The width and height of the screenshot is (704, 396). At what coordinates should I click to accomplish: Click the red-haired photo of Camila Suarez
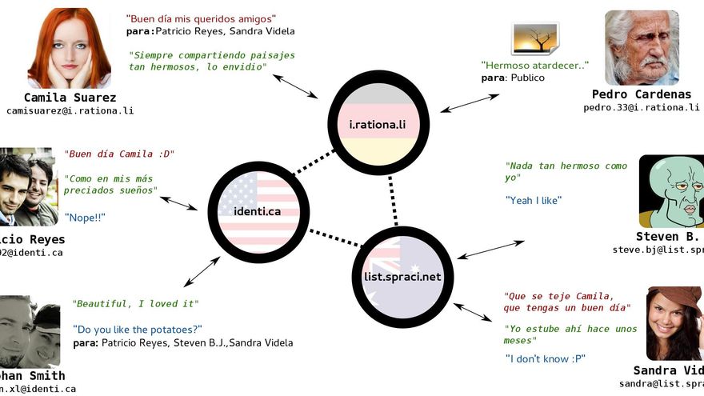(70, 48)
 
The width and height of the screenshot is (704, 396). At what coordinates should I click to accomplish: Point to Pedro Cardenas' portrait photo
(642, 48)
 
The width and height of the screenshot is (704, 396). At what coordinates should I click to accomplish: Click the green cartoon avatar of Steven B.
(671, 191)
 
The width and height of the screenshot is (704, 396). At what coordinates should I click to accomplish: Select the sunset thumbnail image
(534, 39)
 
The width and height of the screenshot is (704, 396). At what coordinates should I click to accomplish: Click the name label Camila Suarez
(70, 98)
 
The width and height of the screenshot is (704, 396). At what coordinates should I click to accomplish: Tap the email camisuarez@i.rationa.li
(70, 111)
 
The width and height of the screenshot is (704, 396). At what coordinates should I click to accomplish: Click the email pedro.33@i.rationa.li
(641, 107)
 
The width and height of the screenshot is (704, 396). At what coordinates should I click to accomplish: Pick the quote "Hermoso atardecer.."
(534, 65)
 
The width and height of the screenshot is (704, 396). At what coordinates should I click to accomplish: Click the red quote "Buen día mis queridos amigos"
(201, 18)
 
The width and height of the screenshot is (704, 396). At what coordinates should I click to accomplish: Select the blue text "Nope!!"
(85, 217)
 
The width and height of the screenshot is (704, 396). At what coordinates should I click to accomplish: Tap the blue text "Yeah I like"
(533, 200)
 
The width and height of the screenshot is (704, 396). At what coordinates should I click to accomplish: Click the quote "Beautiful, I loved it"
(135, 304)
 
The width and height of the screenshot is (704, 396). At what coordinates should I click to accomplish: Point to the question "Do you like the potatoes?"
(137, 329)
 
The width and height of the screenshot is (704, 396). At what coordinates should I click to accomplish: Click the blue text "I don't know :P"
(545, 358)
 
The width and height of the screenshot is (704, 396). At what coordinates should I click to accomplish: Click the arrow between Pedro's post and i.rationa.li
(470, 102)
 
